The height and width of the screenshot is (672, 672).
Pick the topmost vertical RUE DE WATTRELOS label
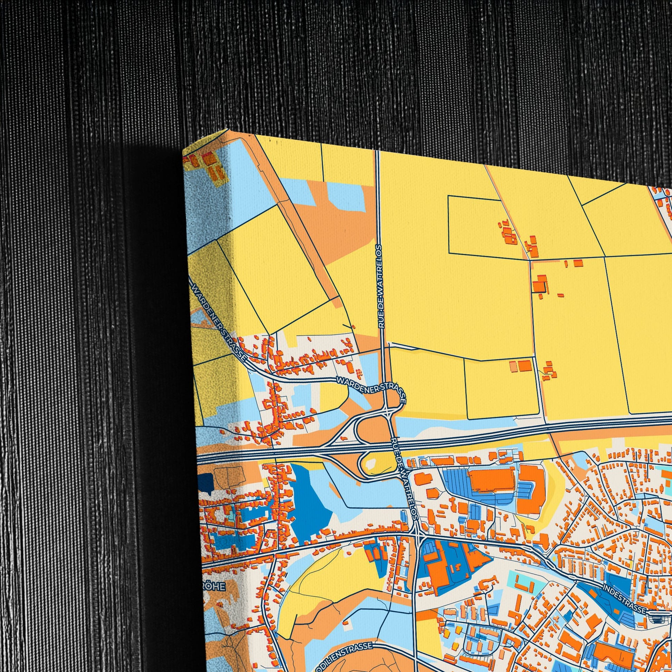click(380, 286)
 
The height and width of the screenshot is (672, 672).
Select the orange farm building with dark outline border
click(539, 286)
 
